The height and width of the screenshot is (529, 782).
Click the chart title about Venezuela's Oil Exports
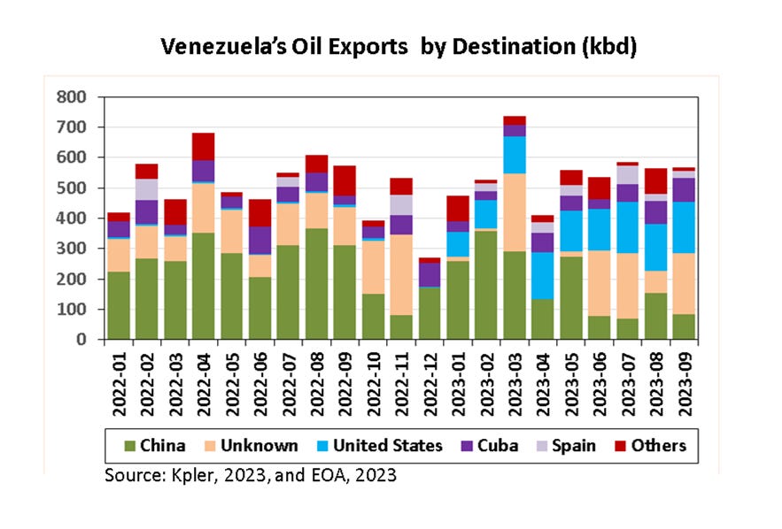tap(398, 47)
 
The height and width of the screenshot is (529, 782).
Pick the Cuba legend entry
tap(492, 445)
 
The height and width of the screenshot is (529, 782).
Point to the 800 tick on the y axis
tap(72, 96)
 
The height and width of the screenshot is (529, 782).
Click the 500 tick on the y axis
tap(72, 188)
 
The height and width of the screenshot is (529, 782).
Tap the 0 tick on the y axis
tap(81, 340)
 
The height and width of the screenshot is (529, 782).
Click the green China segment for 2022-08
tap(317, 283)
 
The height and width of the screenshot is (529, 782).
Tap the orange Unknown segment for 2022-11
tap(401, 274)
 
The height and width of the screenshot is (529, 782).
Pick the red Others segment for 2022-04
tap(204, 147)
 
